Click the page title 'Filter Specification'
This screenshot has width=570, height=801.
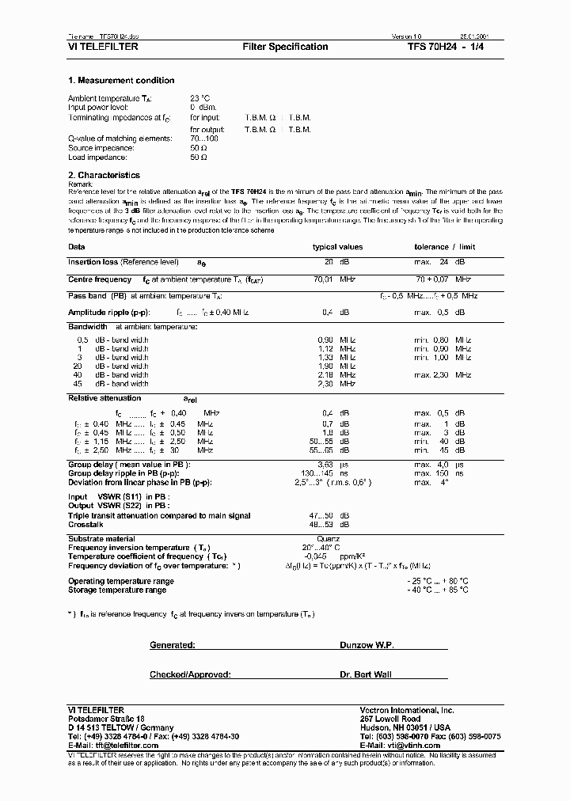click(284, 47)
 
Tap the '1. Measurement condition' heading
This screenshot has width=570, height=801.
click(121, 81)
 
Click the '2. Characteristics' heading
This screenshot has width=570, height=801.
click(104, 175)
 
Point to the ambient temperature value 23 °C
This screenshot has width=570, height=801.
click(200, 98)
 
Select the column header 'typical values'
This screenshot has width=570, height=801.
click(337, 247)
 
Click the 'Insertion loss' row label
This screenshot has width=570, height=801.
click(92, 261)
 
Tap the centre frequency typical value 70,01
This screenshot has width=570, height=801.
click(325, 279)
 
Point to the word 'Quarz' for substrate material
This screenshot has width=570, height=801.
click(328, 539)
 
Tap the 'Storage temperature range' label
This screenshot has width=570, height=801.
click(117, 590)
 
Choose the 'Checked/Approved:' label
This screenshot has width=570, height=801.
click(190, 674)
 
